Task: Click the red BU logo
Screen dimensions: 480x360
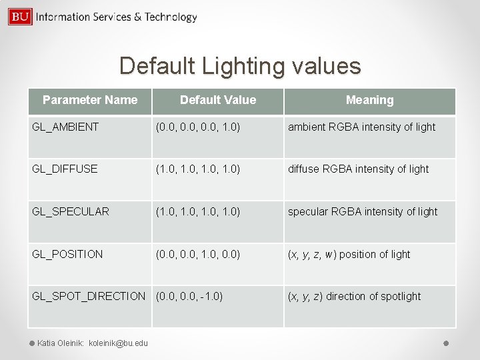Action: (x=20, y=17)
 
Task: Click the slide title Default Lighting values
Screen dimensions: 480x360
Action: (x=240, y=66)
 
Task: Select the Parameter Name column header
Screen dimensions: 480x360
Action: (x=90, y=100)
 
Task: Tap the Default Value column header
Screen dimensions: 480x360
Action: (x=218, y=100)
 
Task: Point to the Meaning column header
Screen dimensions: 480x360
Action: (x=369, y=100)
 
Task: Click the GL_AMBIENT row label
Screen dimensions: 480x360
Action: (x=65, y=127)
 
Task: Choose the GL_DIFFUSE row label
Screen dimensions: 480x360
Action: (x=65, y=169)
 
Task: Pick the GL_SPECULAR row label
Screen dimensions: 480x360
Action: (x=71, y=211)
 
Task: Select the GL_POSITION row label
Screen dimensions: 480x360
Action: (x=67, y=254)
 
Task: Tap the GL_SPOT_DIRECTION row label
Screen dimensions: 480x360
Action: (x=89, y=296)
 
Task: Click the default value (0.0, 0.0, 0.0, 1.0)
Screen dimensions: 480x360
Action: (x=198, y=127)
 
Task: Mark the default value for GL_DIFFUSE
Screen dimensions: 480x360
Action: (x=198, y=169)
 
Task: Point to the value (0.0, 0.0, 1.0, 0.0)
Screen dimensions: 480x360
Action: (x=198, y=254)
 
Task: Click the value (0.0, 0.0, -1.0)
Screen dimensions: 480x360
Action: (x=189, y=296)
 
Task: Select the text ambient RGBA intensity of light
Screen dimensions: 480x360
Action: (x=361, y=127)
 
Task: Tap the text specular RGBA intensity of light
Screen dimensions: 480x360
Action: (x=363, y=211)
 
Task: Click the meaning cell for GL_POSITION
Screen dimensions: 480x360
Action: (x=349, y=254)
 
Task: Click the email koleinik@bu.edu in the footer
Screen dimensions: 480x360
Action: (x=118, y=343)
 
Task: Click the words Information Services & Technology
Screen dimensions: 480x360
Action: (x=117, y=17)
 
